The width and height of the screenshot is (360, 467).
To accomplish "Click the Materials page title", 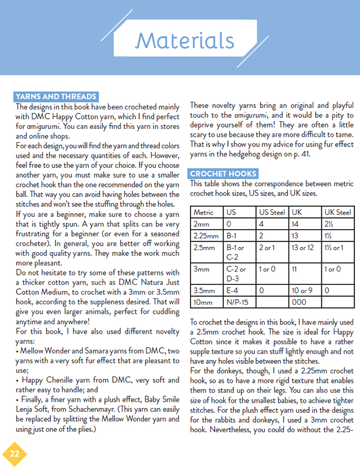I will [x=184, y=40].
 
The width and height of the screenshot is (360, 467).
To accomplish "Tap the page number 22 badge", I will [x=14, y=453].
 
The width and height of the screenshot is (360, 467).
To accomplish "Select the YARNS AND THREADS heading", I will [x=56, y=96].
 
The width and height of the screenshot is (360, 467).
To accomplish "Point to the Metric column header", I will [x=203, y=212].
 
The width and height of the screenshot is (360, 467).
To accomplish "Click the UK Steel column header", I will [x=338, y=212].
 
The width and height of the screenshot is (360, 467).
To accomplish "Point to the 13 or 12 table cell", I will [x=302, y=247].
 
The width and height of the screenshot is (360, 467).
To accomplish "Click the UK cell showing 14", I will [x=295, y=224].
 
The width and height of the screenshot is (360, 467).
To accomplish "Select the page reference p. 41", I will [x=317, y=154].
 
